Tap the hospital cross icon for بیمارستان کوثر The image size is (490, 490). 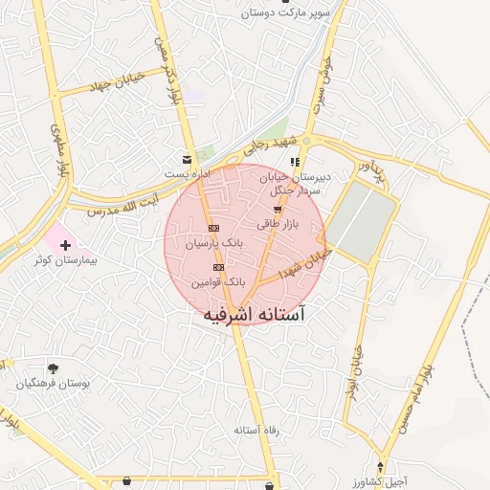(65, 246)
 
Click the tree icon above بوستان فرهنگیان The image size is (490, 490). (53, 368)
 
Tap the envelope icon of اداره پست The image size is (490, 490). (186, 159)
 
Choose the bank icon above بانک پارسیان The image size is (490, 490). (213, 229)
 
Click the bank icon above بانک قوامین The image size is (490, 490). (219, 267)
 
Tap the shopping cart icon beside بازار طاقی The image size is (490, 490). (278, 209)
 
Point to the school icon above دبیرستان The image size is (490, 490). (295, 162)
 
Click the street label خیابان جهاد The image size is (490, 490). (114, 78)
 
